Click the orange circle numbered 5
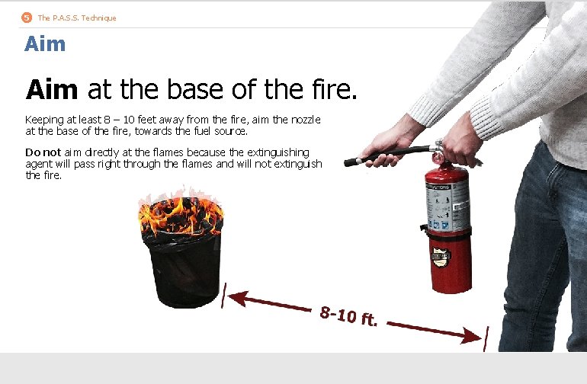[27, 18]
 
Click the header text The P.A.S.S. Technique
[77, 18]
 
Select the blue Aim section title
[45, 44]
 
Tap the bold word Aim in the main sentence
[52, 91]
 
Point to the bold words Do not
[43, 152]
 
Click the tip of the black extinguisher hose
[349, 162]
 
